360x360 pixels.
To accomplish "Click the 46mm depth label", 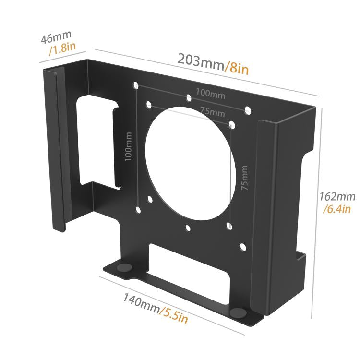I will (x=56, y=37).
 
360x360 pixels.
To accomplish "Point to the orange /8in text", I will (x=237, y=69).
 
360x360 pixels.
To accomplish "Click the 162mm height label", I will (x=337, y=196).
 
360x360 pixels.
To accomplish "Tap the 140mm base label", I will (x=140, y=301).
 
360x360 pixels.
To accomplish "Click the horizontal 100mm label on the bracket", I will (x=210, y=94).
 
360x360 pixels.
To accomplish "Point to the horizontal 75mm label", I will (x=212, y=112).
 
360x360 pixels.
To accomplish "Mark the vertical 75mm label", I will (x=245, y=178).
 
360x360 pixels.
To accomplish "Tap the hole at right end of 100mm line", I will (x=248, y=111).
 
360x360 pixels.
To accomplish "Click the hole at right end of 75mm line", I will (x=232, y=125).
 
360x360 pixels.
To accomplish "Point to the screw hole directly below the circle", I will (x=188, y=228).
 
